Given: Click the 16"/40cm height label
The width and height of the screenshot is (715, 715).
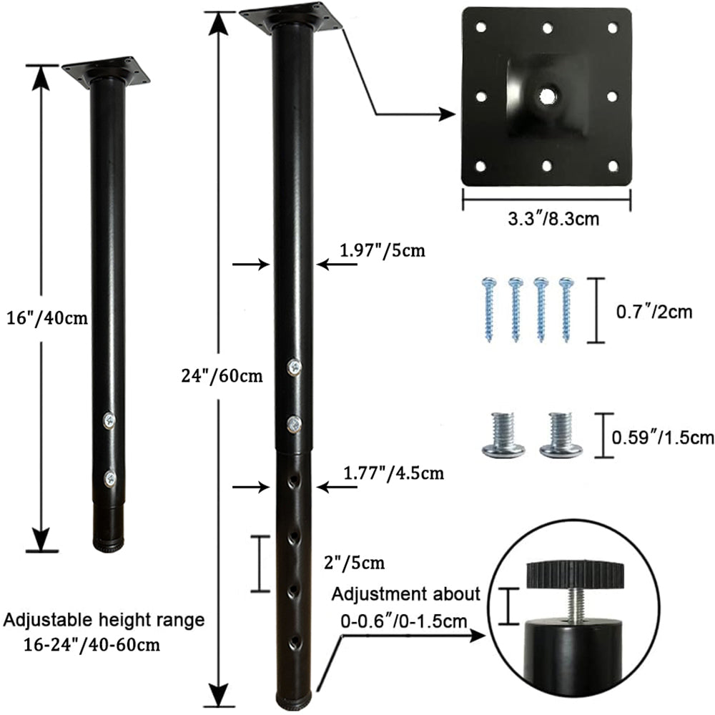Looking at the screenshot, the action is [47, 317].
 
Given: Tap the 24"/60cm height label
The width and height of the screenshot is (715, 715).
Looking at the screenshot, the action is [222, 375].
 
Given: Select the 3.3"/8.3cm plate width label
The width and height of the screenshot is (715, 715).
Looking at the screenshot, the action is [553, 219].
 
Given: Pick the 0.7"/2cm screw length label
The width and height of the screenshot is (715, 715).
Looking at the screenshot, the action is [654, 312].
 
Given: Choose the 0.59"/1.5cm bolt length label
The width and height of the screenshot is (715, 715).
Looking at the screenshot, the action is [663, 438].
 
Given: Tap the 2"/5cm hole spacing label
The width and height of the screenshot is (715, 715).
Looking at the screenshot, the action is [354, 563].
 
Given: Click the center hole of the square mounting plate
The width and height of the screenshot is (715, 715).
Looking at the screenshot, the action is [546, 95].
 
